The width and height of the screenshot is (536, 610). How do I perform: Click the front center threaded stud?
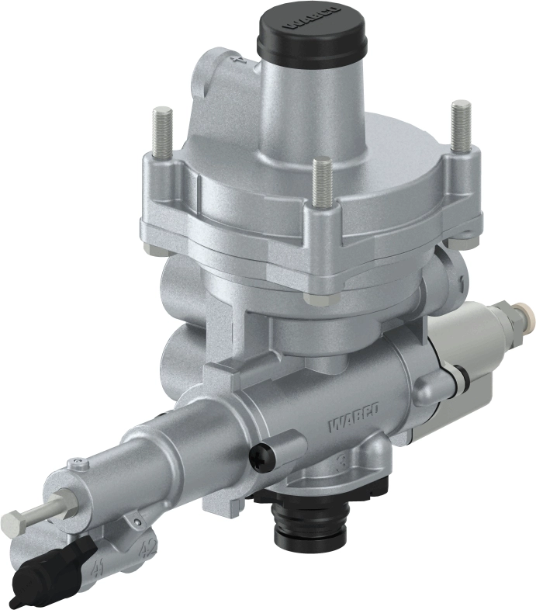coord(322,182)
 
